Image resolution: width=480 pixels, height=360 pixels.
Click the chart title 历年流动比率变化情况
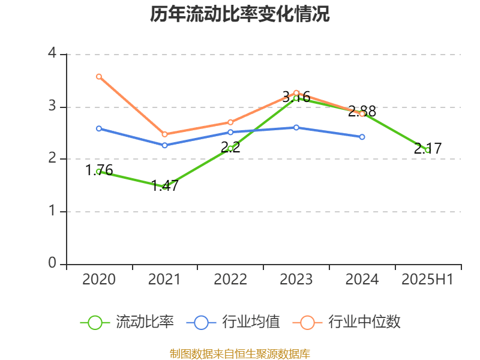click(239, 14)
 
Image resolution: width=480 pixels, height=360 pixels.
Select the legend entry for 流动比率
click(127, 322)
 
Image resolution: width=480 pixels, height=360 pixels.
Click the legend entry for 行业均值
click(233, 322)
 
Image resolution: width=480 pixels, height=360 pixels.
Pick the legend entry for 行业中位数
click(346, 322)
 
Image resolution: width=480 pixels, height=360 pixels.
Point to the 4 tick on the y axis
click(52, 54)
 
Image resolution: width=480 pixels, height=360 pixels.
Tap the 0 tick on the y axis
click(52, 263)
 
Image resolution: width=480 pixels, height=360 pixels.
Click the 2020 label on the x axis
click(99, 280)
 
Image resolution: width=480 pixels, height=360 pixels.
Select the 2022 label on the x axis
click(230, 280)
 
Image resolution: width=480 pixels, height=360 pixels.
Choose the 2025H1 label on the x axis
click(427, 280)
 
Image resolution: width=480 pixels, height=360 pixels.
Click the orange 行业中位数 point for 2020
click(99, 76)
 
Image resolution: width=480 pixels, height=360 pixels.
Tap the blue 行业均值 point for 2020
click(99, 128)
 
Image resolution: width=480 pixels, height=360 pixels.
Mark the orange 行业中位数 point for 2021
click(164, 134)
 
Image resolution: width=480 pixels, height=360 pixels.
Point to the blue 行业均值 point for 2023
click(296, 127)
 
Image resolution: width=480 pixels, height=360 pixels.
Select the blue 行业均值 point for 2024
click(362, 137)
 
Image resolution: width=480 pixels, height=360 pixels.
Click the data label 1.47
click(164, 185)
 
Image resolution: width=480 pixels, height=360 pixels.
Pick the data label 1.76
click(99, 170)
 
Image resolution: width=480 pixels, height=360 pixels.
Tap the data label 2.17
click(428, 148)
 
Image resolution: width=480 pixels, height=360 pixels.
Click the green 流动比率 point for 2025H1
click(428, 150)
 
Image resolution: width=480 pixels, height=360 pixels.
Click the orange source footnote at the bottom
click(239, 354)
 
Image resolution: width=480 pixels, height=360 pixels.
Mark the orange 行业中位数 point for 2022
click(230, 122)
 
